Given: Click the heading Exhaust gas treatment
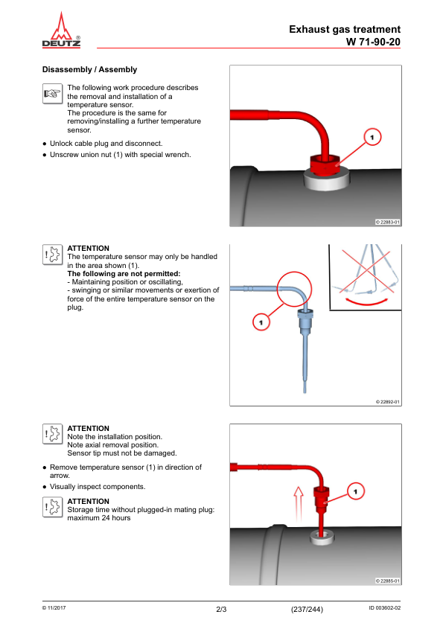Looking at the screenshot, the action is coord(345,29).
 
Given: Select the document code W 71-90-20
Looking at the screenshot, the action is coord(373,42).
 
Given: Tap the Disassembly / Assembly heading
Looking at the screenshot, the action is coord(89,69).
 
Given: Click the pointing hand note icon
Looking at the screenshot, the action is coord(53,94).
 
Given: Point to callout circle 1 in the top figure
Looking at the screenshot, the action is coord(372,137).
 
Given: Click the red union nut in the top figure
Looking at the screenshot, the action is coord(325,165).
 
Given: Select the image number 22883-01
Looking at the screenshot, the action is coord(388,223).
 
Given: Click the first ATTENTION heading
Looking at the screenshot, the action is coord(89,249).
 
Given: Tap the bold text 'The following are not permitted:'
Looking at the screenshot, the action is coord(124,274).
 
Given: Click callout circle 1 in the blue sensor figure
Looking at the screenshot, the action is coord(261,322).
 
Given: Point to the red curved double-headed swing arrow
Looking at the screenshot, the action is coord(367,301).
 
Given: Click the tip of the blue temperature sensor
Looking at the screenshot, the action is coord(305,392).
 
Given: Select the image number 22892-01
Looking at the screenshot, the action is coord(388,402).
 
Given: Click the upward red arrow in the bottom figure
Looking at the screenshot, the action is coord(298,503).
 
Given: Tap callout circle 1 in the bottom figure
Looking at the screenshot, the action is coord(356,491).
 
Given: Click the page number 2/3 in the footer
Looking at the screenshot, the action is coord(221,610).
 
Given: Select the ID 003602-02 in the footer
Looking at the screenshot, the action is coord(384,607).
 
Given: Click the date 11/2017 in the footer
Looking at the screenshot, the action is coord(54,607).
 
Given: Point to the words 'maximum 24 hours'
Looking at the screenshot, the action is coord(99,518).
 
